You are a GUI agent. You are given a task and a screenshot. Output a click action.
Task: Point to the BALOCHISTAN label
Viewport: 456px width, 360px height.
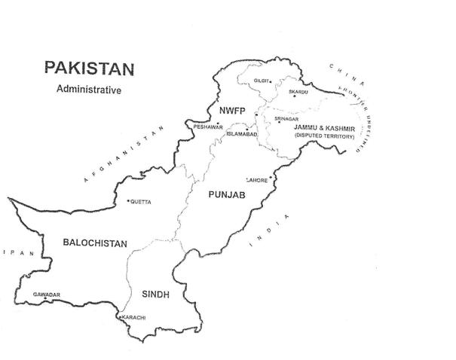coord(95,243)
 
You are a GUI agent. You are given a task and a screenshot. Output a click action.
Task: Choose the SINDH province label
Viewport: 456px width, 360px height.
coord(155,294)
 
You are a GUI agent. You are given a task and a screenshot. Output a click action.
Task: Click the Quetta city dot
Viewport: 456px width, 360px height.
coord(128,201)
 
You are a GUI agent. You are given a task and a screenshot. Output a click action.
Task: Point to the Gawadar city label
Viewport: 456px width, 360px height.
coord(47,294)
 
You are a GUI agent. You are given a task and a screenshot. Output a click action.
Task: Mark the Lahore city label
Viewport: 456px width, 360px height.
coord(257,181)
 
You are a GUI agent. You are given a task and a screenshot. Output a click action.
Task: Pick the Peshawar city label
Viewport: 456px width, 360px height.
coord(209,127)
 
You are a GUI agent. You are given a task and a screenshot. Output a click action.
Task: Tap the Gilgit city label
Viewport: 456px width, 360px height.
coord(262,80)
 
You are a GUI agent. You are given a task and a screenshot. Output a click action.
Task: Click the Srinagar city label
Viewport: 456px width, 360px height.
coord(289,118)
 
